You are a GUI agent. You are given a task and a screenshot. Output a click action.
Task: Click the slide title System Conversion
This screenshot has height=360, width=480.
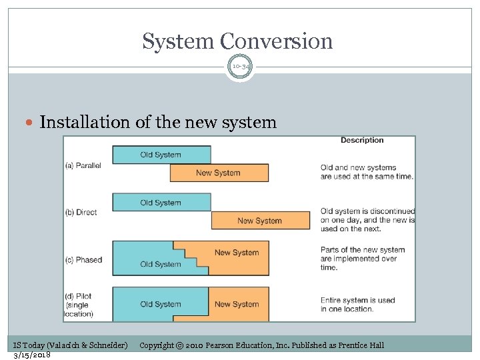pos(237,41)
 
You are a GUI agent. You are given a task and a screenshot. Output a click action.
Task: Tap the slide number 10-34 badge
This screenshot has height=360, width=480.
pos(240,67)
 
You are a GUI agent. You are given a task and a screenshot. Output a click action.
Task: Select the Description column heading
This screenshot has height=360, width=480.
pos(362,140)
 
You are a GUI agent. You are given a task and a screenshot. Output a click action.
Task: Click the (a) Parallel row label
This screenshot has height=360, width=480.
pos(83,165)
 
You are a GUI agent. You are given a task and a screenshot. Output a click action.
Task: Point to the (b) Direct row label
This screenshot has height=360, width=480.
pos(81,212)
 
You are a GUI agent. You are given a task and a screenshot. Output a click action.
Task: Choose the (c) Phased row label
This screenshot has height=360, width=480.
pos(83,259)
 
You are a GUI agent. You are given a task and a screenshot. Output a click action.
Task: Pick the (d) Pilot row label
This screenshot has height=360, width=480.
pos(80,304)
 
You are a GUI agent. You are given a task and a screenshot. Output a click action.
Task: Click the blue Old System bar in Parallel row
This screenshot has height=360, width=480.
pos(161,155)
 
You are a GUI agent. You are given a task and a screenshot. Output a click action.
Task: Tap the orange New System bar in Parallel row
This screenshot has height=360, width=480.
pos(219,173)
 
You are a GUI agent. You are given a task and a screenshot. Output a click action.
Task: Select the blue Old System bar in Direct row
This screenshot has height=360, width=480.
pos(161,203)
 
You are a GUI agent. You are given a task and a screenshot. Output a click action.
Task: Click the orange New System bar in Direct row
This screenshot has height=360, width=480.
pos(260,221)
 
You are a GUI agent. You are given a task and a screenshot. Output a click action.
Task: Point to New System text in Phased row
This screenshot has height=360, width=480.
pos(236,253)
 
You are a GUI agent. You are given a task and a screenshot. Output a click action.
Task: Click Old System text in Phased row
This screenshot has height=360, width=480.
pos(161,264)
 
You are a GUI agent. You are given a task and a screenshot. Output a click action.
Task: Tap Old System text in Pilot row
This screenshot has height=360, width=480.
pos(161,304)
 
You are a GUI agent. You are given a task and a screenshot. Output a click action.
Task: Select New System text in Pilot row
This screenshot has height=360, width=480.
pos(236,304)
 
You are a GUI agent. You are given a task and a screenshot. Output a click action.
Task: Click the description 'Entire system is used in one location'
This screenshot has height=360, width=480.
pos(357,305)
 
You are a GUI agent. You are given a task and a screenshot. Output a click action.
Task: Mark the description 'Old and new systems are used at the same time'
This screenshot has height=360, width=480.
pos(367,172)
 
